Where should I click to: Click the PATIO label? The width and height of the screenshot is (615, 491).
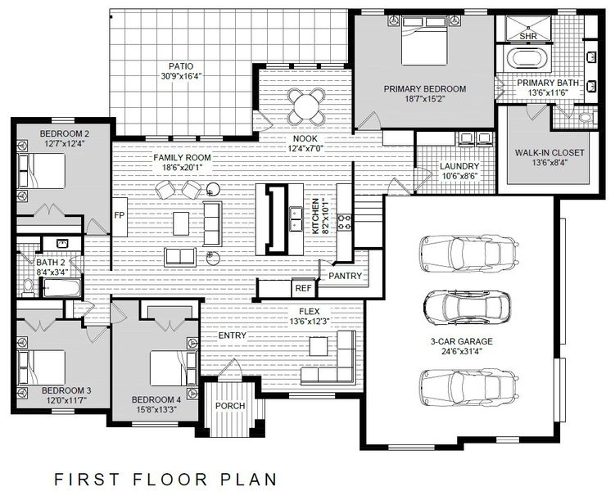[181, 65]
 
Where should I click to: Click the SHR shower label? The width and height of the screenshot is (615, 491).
[529, 37]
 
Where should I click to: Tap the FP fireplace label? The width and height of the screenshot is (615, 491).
[119, 216]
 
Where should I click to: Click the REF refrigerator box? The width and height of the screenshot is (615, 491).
[302, 288]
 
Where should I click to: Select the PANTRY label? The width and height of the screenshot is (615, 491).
[345, 276]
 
